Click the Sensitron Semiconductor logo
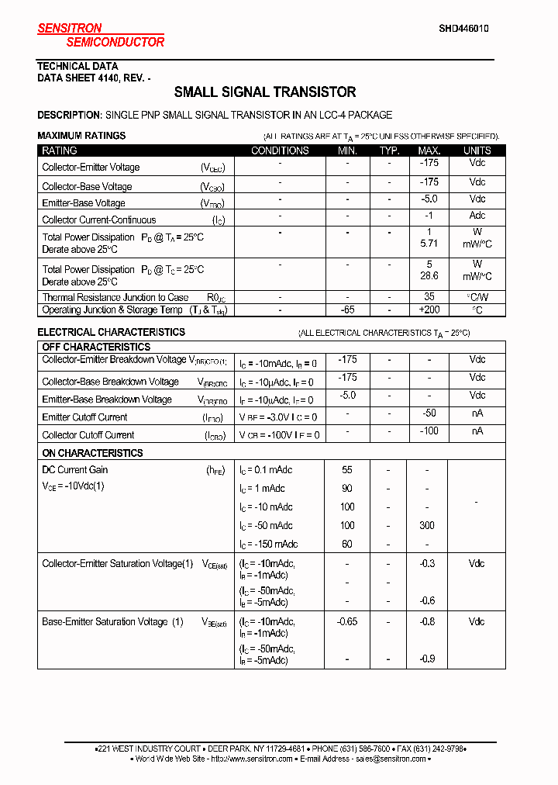[x=101, y=35]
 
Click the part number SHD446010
[x=463, y=28]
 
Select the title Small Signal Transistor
[x=265, y=92]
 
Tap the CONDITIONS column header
[x=280, y=150]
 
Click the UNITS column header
[x=477, y=150]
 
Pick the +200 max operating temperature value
[x=429, y=310]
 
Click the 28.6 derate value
[x=429, y=276]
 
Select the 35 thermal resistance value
[x=429, y=296]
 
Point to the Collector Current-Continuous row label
[x=98, y=220]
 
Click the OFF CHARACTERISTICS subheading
[x=96, y=347]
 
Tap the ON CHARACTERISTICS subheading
[x=92, y=453]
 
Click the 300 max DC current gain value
[x=427, y=526]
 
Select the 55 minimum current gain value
[x=346, y=470]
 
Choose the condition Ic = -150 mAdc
[x=268, y=545]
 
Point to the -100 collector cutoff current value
[x=428, y=431]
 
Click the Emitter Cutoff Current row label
[x=84, y=417]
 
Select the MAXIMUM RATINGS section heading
[x=81, y=136]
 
